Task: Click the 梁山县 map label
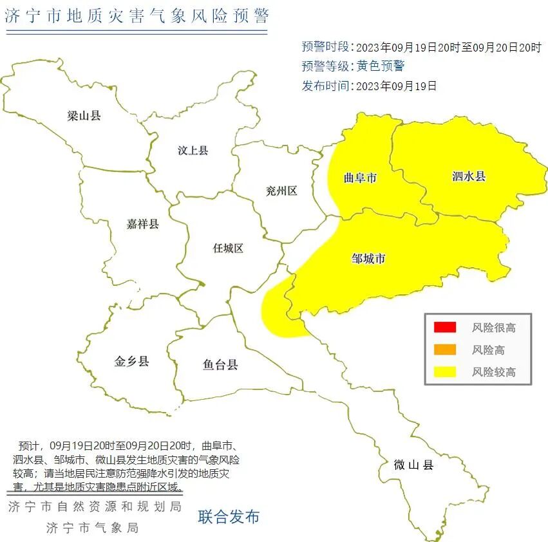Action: pyautogui.click(x=84, y=116)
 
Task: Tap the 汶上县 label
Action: pyautogui.click(x=193, y=151)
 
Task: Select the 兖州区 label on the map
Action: pyautogui.click(x=281, y=191)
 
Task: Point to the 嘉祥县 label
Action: pyautogui.click(x=142, y=224)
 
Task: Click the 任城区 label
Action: pyautogui.click(x=228, y=248)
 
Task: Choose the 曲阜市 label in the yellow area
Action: pyautogui.click(x=360, y=178)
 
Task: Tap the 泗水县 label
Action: pyautogui.click(x=468, y=176)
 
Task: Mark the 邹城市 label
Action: pyautogui.click(x=368, y=259)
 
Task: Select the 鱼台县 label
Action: pyautogui.click(x=220, y=365)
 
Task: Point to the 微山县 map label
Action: pyautogui.click(x=413, y=464)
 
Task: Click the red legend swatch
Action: pyautogui.click(x=444, y=328)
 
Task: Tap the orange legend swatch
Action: pyautogui.click(x=444, y=350)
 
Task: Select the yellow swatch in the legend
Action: pyautogui.click(x=444, y=371)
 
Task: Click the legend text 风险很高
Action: pyautogui.click(x=493, y=328)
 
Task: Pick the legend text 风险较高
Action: pyautogui.click(x=493, y=372)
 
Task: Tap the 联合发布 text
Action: pyautogui.click(x=229, y=516)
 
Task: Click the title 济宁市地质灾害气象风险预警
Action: pyautogui.click(x=136, y=17)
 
